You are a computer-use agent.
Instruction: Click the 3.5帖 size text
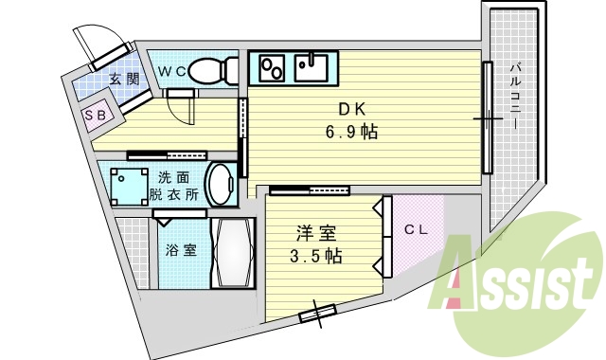[x=315, y=256]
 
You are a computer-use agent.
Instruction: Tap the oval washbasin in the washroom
[x=222, y=185]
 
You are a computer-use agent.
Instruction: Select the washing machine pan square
[x=126, y=186]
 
